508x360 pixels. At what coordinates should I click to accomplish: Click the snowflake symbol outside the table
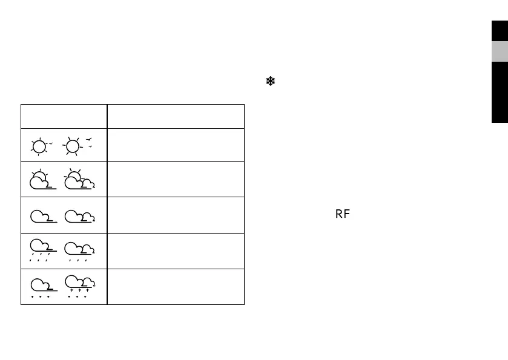pyautogui.click(x=270, y=82)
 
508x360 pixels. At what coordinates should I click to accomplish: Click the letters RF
pyautogui.click(x=342, y=214)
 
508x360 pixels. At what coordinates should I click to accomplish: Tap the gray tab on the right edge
pyautogui.click(x=500, y=51)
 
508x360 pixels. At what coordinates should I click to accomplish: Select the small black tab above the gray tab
pyautogui.click(x=500, y=31)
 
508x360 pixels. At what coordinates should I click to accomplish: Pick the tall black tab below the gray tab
pyautogui.click(x=500, y=93)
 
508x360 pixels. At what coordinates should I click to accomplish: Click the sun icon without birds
pyautogui.click(x=40, y=146)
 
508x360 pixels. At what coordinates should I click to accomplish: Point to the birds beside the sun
pyautogui.click(x=90, y=143)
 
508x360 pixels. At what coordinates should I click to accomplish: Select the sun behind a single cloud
pyautogui.click(x=42, y=180)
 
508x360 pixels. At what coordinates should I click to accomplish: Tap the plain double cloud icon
pyautogui.click(x=79, y=216)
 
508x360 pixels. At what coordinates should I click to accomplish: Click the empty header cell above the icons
pyautogui.click(x=64, y=116)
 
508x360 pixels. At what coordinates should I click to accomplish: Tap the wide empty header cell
pyautogui.click(x=176, y=116)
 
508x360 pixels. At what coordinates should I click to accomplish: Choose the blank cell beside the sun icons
pyautogui.click(x=176, y=145)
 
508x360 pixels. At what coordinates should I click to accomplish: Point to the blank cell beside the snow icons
pyautogui.click(x=176, y=286)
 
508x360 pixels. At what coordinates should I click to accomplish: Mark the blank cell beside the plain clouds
pyautogui.click(x=176, y=215)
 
